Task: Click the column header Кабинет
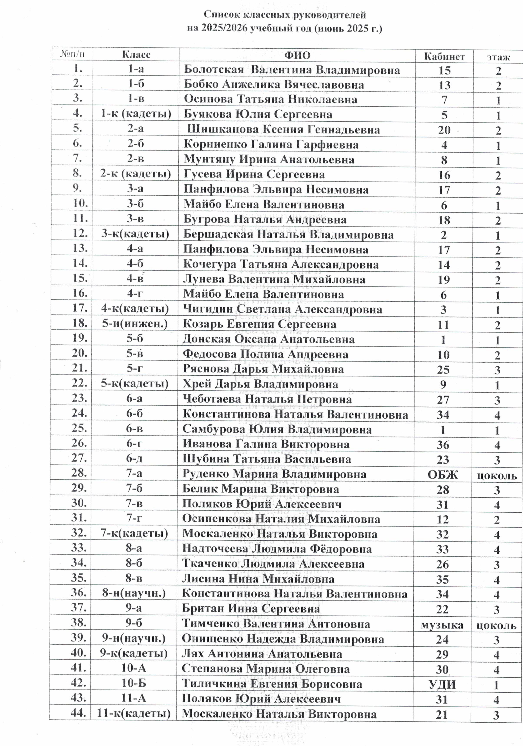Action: [444, 56]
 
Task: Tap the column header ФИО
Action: [297, 55]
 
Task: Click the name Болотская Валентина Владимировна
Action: [292, 70]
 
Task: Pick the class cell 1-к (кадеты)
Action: [136, 114]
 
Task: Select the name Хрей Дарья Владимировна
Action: [260, 384]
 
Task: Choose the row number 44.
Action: [78, 713]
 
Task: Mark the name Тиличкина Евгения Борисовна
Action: [272, 684]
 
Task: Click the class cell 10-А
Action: [134, 668]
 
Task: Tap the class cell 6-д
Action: [134, 459]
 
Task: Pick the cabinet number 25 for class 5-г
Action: [443, 370]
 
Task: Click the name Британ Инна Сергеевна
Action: [251, 609]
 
